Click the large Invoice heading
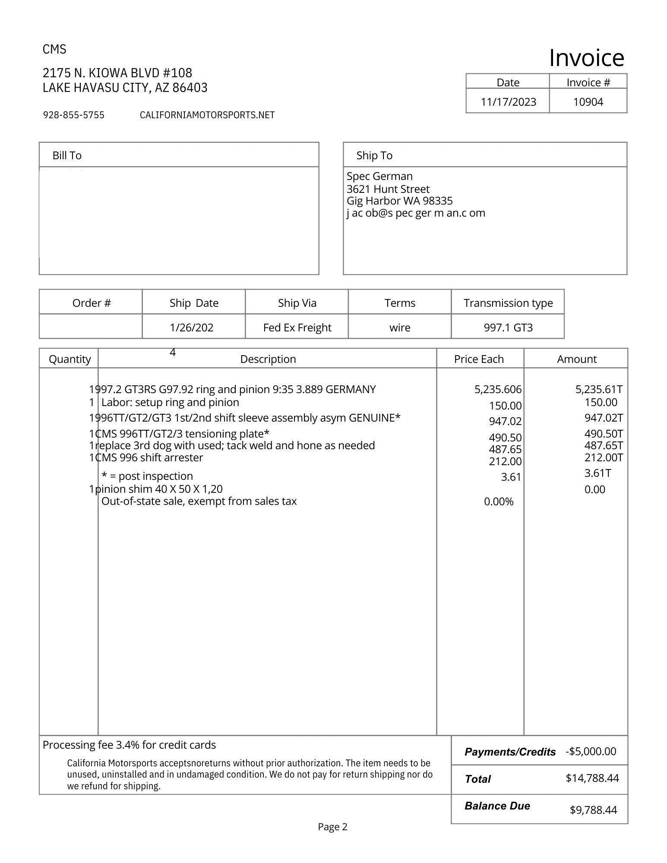(586, 58)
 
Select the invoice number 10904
(588, 102)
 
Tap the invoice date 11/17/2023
(508, 102)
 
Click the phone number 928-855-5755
(73, 115)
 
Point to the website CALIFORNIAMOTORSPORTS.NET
(207, 115)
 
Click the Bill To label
(67, 155)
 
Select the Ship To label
(374, 155)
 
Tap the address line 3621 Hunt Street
(388, 189)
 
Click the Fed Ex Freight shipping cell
(297, 328)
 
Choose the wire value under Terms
(399, 328)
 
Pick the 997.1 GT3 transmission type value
(508, 328)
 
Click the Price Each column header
(478, 359)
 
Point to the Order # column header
(91, 303)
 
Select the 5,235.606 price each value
(498, 390)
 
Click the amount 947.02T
(603, 418)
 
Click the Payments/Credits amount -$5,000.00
(590, 751)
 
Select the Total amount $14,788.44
(592, 778)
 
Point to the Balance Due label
(497, 806)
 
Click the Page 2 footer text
(332, 827)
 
